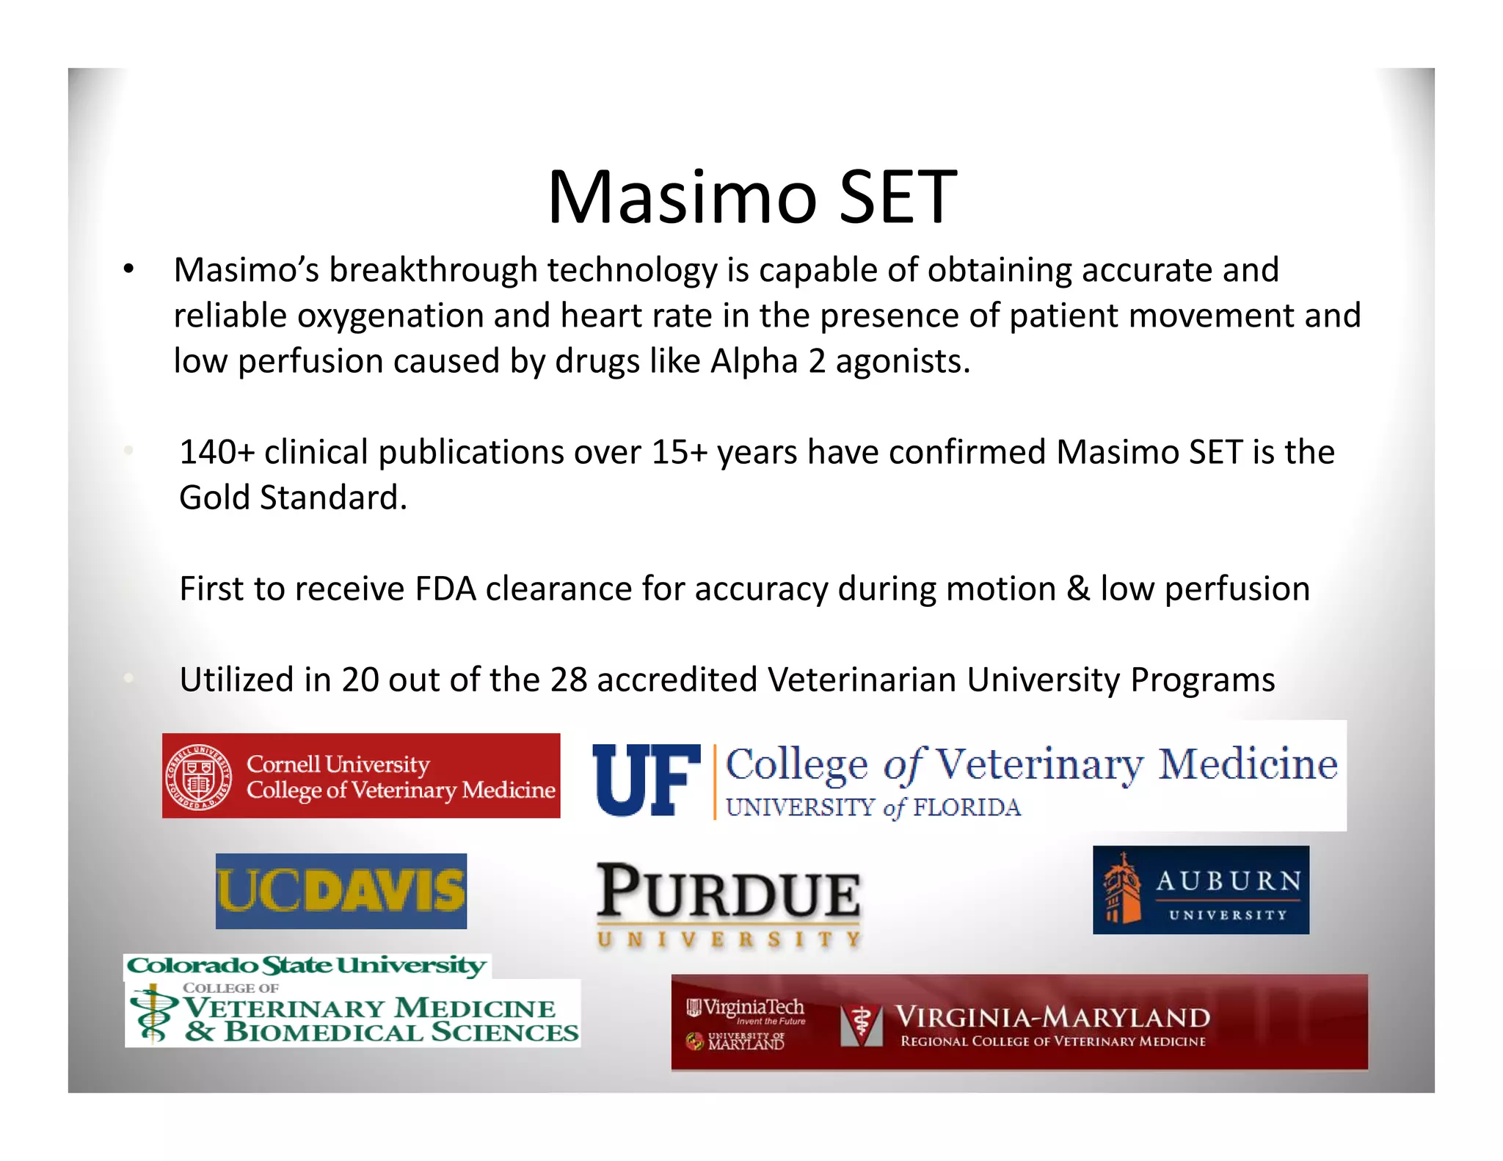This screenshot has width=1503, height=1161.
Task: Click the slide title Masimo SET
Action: coord(751,197)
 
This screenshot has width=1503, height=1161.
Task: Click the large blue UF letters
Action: coord(646,779)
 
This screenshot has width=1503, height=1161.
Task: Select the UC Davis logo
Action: coord(341,891)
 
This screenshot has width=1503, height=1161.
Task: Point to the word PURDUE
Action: coord(728,892)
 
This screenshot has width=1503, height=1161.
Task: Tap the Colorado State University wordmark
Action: coord(307,965)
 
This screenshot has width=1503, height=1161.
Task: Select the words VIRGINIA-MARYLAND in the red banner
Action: coord(1052,1017)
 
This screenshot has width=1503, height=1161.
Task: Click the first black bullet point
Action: coord(128,270)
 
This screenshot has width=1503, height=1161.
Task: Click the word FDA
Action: coord(445,589)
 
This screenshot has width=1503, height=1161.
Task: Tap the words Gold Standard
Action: coord(292,498)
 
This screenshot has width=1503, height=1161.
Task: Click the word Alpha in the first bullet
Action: coord(754,361)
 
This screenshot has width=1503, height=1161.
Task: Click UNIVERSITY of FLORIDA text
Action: coord(873,807)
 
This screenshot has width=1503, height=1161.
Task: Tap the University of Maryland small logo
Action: coord(736,1041)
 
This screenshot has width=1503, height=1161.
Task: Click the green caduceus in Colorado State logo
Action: coord(153,1016)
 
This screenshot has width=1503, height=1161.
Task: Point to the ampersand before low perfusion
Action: coord(1078,589)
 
